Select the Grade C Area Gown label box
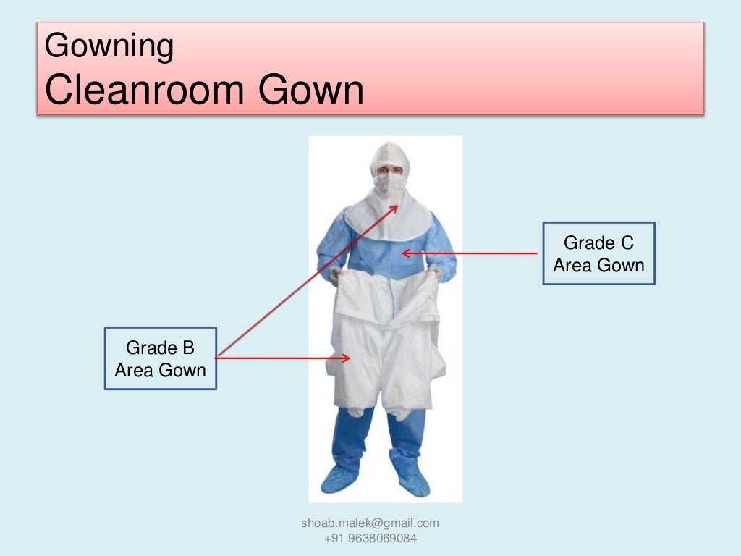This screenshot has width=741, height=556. coord(598,253)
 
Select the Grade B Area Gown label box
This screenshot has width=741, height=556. coord(161,358)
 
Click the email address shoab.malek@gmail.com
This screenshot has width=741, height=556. coord(370,523)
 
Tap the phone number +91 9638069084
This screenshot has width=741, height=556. coord(370,539)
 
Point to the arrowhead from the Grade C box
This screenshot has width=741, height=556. coord(405,253)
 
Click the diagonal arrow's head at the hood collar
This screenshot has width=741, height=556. coord(394,208)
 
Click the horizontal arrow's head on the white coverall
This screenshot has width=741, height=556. coord(347,358)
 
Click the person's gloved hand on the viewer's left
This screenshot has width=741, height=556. coord(335,274)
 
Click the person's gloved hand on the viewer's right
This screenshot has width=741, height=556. coord(436,272)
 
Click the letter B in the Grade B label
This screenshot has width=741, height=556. coord(188,348)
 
